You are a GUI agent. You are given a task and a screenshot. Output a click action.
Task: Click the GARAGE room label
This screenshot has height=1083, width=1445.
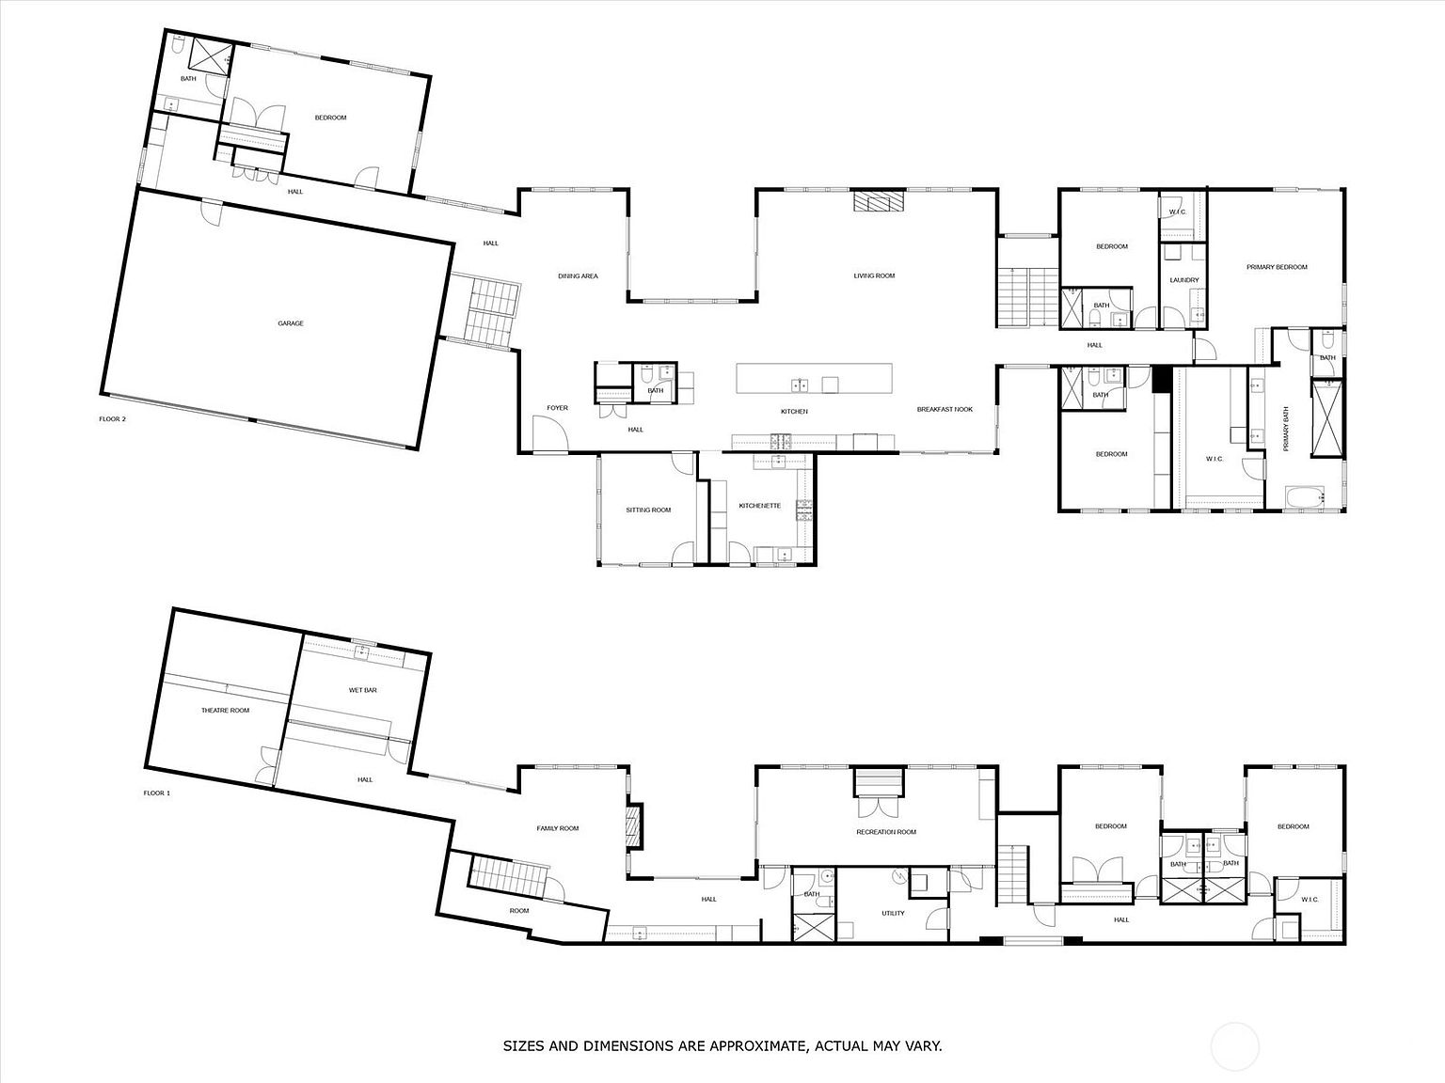(x=290, y=323)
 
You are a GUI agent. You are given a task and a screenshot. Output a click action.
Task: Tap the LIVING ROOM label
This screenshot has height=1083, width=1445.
(x=874, y=275)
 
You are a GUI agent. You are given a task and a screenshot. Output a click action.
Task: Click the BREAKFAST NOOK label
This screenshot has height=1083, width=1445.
(x=945, y=409)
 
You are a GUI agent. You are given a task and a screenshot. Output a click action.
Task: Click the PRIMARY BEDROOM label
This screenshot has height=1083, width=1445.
(x=1277, y=267)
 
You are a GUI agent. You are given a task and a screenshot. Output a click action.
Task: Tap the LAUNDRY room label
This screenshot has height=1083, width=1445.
(x=1183, y=280)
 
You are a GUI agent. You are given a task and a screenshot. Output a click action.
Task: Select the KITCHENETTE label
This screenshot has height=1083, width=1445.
(x=759, y=506)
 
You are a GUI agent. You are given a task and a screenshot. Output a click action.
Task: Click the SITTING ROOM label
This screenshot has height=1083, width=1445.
(x=648, y=510)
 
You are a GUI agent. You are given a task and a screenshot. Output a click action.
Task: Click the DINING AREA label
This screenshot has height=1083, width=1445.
(x=578, y=275)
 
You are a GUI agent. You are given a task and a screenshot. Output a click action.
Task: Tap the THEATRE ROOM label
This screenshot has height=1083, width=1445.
(x=225, y=710)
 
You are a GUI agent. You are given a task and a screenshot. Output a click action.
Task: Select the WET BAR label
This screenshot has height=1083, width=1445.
(x=362, y=690)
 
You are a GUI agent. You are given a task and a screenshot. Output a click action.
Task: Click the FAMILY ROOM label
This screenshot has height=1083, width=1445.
(x=557, y=828)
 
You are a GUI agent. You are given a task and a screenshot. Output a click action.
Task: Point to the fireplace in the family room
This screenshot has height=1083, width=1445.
(x=634, y=825)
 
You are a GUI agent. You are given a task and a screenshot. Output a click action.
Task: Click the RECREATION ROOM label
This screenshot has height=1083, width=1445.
(x=885, y=832)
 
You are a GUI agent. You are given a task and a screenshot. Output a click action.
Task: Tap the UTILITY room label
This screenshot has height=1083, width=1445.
(x=893, y=913)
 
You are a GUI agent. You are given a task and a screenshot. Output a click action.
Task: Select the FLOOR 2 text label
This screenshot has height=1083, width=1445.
(x=112, y=419)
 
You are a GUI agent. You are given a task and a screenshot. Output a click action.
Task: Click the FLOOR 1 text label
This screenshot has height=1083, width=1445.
(x=156, y=793)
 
